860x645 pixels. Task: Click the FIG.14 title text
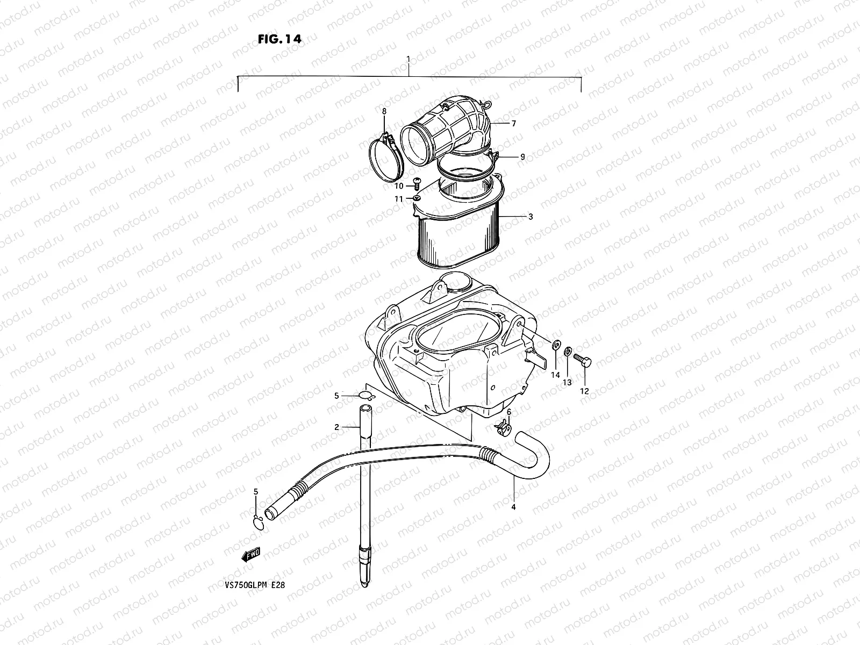pyautogui.click(x=278, y=39)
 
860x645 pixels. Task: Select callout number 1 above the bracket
pyautogui.click(x=408, y=59)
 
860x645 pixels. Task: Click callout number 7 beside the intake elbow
pyautogui.click(x=513, y=124)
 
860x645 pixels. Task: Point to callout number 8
pyautogui.click(x=384, y=111)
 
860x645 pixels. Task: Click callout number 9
pyautogui.click(x=522, y=157)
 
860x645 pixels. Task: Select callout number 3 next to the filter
pyautogui.click(x=530, y=217)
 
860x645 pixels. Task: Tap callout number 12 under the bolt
pyautogui.click(x=585, y=391)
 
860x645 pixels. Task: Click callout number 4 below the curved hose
pyautogui.click(x=513, y=506)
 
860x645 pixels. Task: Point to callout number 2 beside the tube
pyautogui.click(x=337, y=427)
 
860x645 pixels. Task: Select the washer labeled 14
pyautogui.click(x=554, y=344)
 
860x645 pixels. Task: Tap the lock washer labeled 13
pyautogui.click(x=568, y=353)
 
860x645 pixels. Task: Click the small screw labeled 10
pyautogui.click(x=415, y=183)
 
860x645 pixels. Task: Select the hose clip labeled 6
pyautogui.click(x=503, y=429)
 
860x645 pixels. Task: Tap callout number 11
pyautogui.click(x=398, y=199)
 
